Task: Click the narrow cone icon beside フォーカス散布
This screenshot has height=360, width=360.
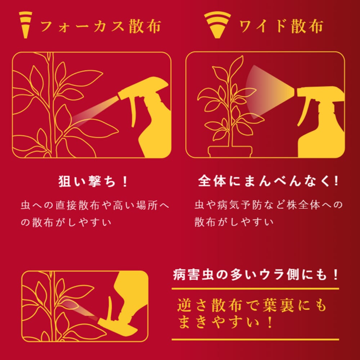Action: pos(26,25)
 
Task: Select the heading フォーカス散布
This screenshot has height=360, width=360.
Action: pos(100,26)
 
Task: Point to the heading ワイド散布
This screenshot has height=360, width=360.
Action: pos(281,26)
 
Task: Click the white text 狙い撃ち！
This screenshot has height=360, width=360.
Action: pos(93,181)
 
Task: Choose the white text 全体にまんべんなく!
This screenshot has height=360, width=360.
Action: pos(268,181)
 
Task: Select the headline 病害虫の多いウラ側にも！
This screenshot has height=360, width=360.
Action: pos(256,274)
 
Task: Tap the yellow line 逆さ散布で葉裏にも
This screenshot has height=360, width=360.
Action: pos(252,305)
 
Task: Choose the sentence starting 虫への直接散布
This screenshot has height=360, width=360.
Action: pos(95,214)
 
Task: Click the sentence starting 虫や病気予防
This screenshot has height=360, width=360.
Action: pos(269,213)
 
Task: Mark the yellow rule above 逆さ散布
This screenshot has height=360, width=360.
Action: pos(255,289)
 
